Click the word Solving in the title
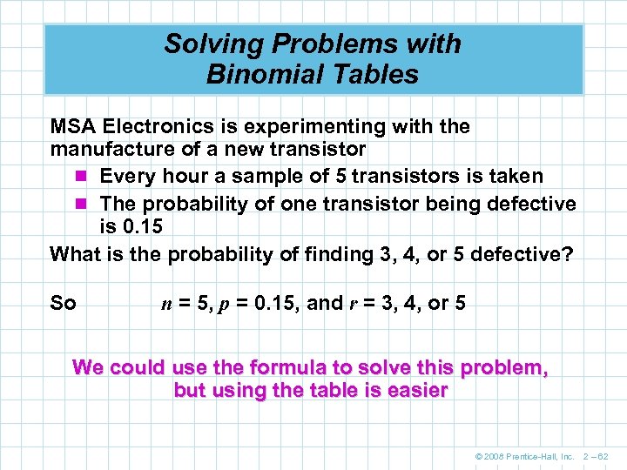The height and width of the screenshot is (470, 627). pos(202,44)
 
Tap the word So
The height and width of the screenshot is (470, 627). pos(64,304)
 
